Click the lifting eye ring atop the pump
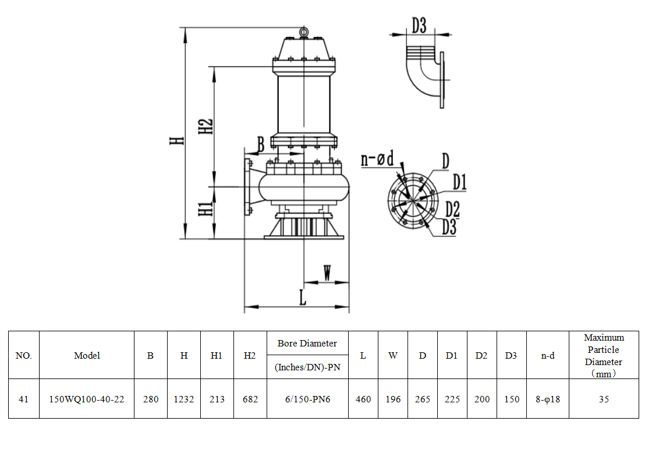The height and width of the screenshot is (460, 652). click(304, 31)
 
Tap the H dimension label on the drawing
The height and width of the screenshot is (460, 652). click(177, 140)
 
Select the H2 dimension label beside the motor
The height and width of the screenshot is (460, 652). click(206, 126)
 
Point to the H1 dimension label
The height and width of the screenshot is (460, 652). click(206, 209)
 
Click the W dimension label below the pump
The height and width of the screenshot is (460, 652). click(327, 273)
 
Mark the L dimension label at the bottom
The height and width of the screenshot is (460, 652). click(303, 298)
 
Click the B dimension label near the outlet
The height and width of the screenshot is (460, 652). click(261, 144)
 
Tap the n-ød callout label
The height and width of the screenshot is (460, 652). click(377, 158)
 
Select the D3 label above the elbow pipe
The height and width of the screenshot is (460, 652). click(419, 26)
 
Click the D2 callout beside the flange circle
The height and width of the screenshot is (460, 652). click(452, 209)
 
